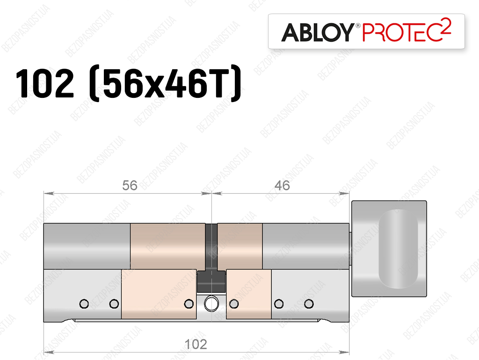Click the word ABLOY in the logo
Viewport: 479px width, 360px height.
point(318,32)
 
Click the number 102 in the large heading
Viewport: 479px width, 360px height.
point(44,83)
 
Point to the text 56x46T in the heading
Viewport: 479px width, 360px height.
point(165,83)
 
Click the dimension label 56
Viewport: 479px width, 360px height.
point(130,185)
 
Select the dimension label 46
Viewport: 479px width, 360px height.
point(282,185)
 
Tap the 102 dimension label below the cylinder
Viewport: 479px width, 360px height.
point(196,345)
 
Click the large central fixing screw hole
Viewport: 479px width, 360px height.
point(211,304)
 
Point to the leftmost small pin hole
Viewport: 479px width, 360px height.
point(84,304)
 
